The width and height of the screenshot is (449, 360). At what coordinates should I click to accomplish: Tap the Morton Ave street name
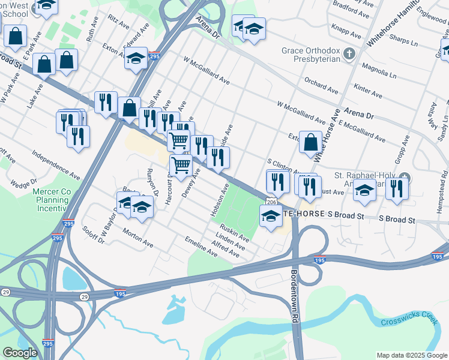pyautogui.click(x=137, y=238)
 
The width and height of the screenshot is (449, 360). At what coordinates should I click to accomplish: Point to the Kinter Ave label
pyautogui.click(x=369, y=91)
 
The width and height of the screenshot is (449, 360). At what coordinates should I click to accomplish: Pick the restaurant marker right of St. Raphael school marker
pyautogui.click(x=396, y=188)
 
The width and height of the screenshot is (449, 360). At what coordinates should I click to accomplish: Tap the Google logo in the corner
pyautogui.click(x=20, y=353)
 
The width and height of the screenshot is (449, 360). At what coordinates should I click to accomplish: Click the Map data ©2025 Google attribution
pyautogui.click(x=411, y=355)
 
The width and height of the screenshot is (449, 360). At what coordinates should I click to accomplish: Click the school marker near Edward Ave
pyautogui.click(x=136, y=59)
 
